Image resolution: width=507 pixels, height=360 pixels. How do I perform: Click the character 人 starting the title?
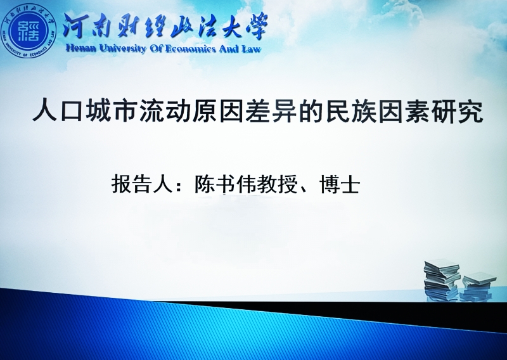click(45, 112)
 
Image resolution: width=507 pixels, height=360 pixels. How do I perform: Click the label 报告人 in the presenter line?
click(141, 184)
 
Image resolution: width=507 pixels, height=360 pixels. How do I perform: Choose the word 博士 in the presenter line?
click(340, 184)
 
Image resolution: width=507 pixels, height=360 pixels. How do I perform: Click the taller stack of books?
click(442, 280)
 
